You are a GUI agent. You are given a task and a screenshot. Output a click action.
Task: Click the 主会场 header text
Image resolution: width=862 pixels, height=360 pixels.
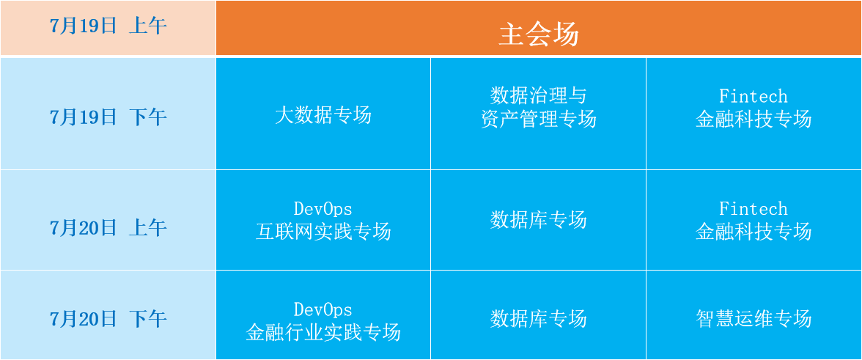pos(538,34)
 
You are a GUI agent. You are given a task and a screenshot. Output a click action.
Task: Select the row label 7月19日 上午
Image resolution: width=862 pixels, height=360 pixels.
pos(108,26)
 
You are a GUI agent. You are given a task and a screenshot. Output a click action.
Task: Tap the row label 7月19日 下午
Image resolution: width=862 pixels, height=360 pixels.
pos(108,117)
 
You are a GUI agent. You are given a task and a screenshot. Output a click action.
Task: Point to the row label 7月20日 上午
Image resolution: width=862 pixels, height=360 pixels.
pos(108,227)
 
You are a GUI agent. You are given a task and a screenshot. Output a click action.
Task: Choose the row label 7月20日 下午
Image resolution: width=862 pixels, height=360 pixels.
pos(108,319)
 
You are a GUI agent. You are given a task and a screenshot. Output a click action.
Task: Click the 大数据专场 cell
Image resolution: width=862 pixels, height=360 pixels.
pos(323,115)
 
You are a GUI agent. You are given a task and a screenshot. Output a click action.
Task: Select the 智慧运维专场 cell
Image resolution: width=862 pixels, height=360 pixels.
pos(754,318)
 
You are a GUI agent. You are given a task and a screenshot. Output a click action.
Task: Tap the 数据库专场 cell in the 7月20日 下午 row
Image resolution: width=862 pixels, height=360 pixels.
pos(538,318)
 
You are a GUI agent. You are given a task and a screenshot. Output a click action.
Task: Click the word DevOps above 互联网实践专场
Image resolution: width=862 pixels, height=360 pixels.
pos(323,209)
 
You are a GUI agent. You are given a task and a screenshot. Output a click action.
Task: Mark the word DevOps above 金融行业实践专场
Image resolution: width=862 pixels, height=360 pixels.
pos(323,309)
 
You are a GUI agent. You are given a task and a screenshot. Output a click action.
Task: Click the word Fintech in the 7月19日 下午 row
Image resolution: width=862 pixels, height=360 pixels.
pos(754,96)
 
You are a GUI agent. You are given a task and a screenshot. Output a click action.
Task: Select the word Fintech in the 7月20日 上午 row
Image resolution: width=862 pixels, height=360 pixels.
pos(754,208)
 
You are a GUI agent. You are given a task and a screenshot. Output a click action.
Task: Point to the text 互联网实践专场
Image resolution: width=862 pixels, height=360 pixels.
pos(323,232)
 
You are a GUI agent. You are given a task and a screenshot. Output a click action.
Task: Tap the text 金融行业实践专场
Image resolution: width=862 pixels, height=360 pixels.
pos(323,332)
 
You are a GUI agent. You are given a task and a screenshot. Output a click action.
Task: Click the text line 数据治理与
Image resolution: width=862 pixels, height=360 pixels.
pos(538,95)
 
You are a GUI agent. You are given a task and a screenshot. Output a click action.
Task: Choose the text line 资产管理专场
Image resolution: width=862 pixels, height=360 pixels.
pos(538,119)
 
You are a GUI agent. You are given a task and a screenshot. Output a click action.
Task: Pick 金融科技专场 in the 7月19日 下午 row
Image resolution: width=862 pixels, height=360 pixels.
pos(754,119)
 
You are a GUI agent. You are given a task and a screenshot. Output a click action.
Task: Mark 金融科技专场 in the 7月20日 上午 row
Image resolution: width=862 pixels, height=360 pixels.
pos(754,231)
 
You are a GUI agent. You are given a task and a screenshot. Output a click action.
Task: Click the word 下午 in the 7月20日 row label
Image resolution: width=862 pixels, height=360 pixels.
pos(148,319)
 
